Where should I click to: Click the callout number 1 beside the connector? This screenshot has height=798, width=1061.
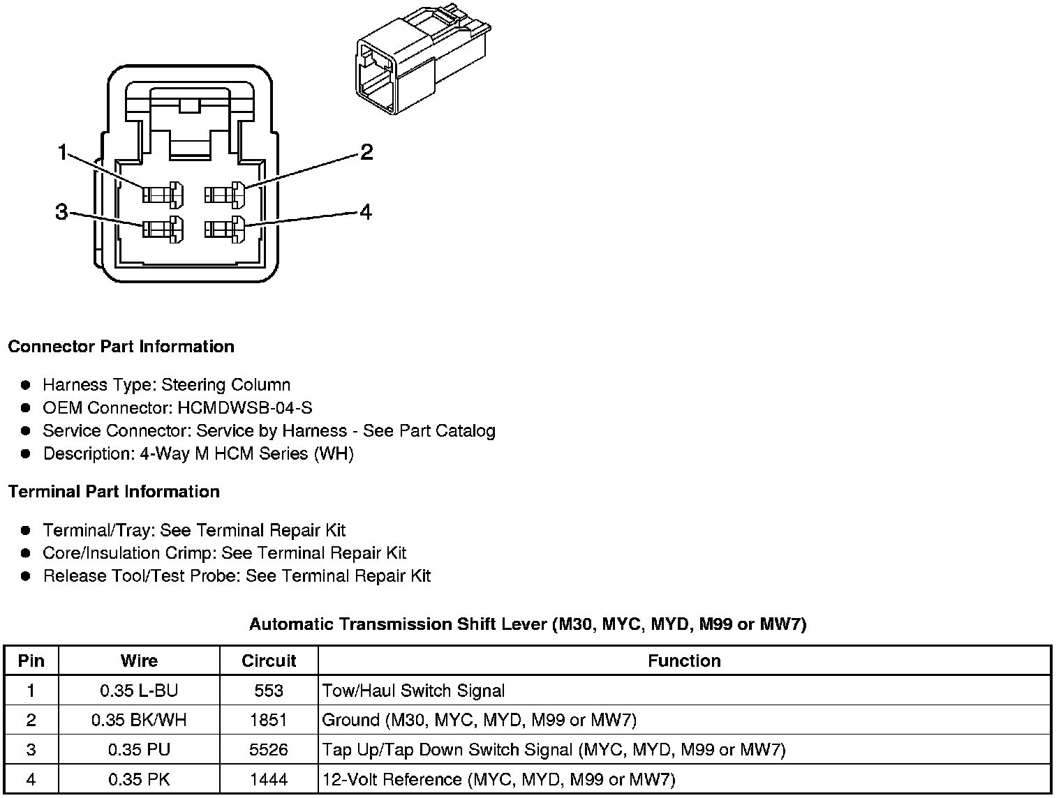coord(63,151)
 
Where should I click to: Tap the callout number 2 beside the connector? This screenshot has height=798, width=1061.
coord(366,151)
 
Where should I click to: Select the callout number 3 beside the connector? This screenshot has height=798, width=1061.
coord(61,212)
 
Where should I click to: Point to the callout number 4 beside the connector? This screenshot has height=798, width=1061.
coord(366,211)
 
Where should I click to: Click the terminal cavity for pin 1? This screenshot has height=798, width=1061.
coord(163,194)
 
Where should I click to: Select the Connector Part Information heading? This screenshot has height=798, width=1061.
coord(121,347)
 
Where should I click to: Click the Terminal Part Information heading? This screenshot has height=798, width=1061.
coord(114,492)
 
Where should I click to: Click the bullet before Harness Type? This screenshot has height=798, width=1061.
coord(26,385)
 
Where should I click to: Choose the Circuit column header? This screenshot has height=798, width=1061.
coord(269,661)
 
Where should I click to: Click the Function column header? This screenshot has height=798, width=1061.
coord(684,661)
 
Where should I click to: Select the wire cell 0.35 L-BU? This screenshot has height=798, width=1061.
coord(139,691)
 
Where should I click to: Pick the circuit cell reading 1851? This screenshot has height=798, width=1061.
coord(269,720)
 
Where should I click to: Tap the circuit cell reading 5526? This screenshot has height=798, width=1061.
coord(269,750)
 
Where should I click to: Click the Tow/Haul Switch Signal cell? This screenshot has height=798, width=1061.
coord(413,691)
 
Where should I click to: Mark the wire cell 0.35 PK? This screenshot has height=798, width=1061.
coord(139,779)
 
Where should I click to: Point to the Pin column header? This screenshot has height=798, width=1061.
coord(31,661)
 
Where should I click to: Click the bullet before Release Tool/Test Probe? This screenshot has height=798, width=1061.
coord(26,576)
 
